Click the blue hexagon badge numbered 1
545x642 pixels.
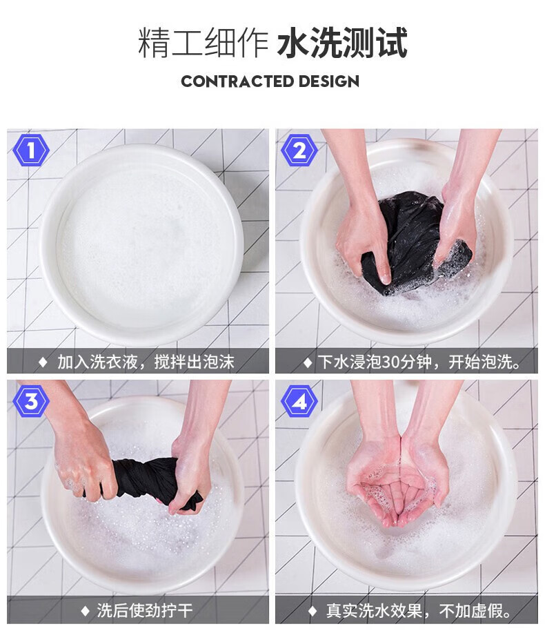31,150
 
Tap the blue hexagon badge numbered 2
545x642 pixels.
299,150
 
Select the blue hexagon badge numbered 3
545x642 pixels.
31,401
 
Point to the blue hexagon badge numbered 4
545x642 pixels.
299,401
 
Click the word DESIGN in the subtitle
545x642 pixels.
328,81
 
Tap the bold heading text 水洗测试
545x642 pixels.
342,43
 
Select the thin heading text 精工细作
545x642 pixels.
203,43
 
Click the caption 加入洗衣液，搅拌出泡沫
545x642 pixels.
146,362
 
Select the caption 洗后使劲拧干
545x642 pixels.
144,610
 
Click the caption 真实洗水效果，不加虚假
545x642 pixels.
419,611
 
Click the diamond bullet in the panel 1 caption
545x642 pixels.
43,362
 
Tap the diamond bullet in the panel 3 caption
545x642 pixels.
85,611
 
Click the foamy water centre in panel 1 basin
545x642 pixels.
141,246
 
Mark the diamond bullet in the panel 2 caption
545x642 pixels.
308,362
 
